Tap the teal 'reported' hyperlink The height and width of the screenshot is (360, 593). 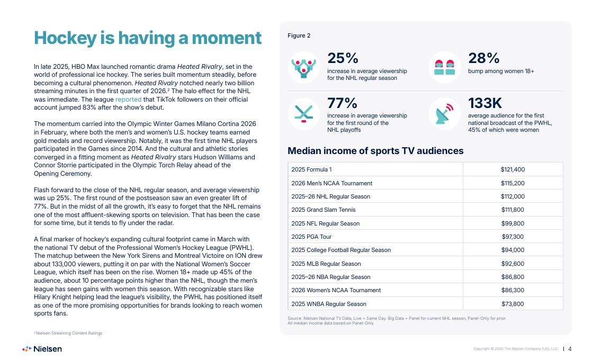[x=128, y=100]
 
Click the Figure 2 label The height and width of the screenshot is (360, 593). [x=299, y=35]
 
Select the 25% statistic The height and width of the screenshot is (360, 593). [x=343, y=58]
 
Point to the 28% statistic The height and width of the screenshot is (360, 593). [x=484, y=58]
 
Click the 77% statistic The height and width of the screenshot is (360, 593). [x=342, y=103]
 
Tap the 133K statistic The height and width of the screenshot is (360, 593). [x=485, y=103]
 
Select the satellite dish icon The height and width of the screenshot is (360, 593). [x=444, y=113]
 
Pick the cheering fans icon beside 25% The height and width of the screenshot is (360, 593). [x=304, y=67]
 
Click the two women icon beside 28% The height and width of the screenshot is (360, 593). [x=444, y=67]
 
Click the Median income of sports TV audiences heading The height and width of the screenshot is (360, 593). [x=375, y=151]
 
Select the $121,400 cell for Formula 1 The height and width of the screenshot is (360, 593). [x=513, y=169]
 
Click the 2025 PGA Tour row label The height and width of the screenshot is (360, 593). [x=311, y=237]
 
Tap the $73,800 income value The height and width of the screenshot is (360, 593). [x=513, y=304]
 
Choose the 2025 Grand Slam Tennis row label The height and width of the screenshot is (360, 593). [x=324, y=210]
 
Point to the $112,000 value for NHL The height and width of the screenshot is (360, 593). [x=513, y=196]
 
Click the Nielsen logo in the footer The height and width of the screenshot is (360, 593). [x=42, y=349]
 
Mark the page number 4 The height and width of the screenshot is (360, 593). [x=570, y=349]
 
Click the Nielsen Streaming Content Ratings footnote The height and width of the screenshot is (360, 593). [x=68, y=333]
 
